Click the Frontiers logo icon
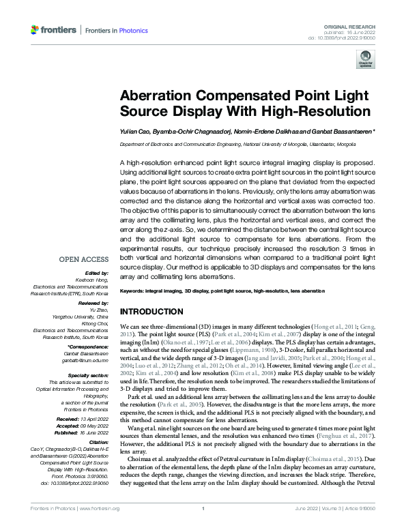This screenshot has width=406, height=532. coord(36,30)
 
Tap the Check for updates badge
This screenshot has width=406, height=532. coord(365,61)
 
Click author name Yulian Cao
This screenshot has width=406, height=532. coord(134,132)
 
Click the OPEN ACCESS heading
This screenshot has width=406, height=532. coord(84,259)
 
